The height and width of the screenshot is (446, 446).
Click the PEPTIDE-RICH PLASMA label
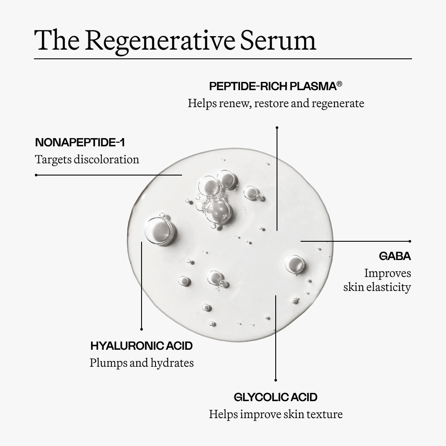[x=272, y=86]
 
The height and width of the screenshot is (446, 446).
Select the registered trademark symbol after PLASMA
[x=339, y=84]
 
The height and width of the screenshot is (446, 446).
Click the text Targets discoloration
[x=87, y=159]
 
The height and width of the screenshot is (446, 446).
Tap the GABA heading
[x=395, y=256]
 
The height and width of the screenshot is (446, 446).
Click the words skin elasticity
[x=377, y=287]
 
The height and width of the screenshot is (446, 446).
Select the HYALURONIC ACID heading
[x=142, y=346]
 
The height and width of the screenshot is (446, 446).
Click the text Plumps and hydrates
[x=142, y=363]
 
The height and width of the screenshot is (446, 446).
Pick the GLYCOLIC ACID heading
[x=276, y=397]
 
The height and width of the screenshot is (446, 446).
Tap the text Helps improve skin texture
[x=276, y=414]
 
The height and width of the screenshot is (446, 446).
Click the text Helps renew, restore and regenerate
[x=276, y=104]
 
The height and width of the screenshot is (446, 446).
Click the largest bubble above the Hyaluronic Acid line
[x=159, y=230]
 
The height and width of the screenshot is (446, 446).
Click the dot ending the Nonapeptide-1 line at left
[x=36, y=175]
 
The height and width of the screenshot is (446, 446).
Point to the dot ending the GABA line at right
[x=410, y=240]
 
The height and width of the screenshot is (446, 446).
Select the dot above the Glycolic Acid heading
[x=276, y=380]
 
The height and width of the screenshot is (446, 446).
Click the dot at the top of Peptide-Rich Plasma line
[x=277, y=128]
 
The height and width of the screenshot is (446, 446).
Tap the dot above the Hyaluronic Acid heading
[x=142, y=329]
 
